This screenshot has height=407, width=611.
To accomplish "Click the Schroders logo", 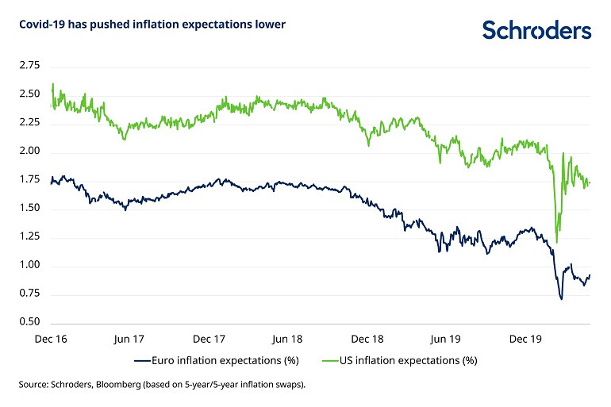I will (537, 30).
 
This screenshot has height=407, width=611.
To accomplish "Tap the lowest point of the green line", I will (556, 242).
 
